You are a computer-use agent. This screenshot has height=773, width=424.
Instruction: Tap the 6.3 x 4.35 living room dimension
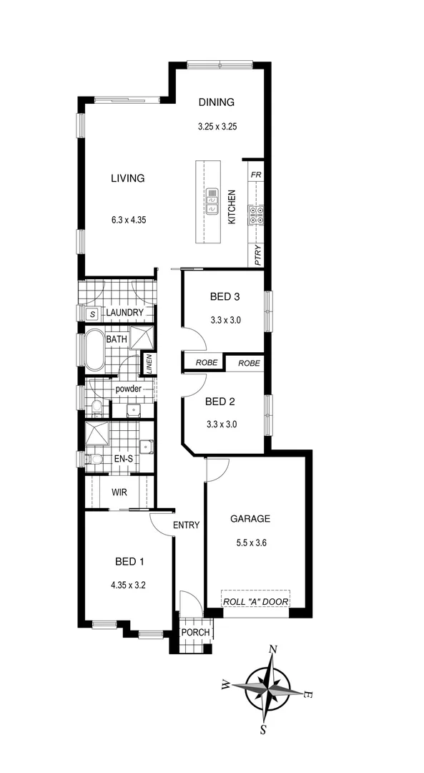(x=128, y=220)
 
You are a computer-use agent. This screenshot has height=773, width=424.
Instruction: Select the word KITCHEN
(x=232, y=208)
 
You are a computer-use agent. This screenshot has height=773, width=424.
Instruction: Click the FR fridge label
(x=256, y=175)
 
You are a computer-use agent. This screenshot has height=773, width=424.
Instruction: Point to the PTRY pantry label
(x=257, y=255)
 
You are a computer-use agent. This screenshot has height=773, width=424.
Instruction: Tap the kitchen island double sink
(x=212, y=202)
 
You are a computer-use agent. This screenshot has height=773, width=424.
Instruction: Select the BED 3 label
(x=225, y=296)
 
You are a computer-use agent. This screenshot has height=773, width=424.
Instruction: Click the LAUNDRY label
(x=125, y=313)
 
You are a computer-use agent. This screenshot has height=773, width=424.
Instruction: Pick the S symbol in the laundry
(x=92, y=313)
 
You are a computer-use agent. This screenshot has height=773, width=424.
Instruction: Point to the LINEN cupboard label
(x=149, y=364)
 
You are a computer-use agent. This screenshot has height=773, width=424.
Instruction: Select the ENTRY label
(x=186, y=525)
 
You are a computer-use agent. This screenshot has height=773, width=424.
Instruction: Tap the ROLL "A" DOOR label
(x=255, y=601)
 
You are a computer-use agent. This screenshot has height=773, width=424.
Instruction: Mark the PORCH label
(x=194, y=632)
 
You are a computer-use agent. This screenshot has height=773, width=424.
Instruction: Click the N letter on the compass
(x=272, y=649)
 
